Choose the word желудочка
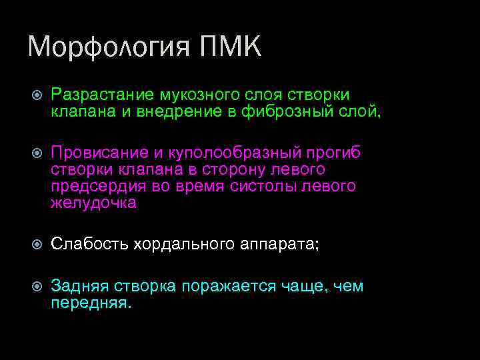(x=93, y=203)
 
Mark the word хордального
(x=183, y=245)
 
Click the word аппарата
(x=279, y=245)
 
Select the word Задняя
(x=81, y=287)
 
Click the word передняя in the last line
(x=91, y=303)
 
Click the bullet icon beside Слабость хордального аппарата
(x=38, y=245)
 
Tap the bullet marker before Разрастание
(x=38, y=95)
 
